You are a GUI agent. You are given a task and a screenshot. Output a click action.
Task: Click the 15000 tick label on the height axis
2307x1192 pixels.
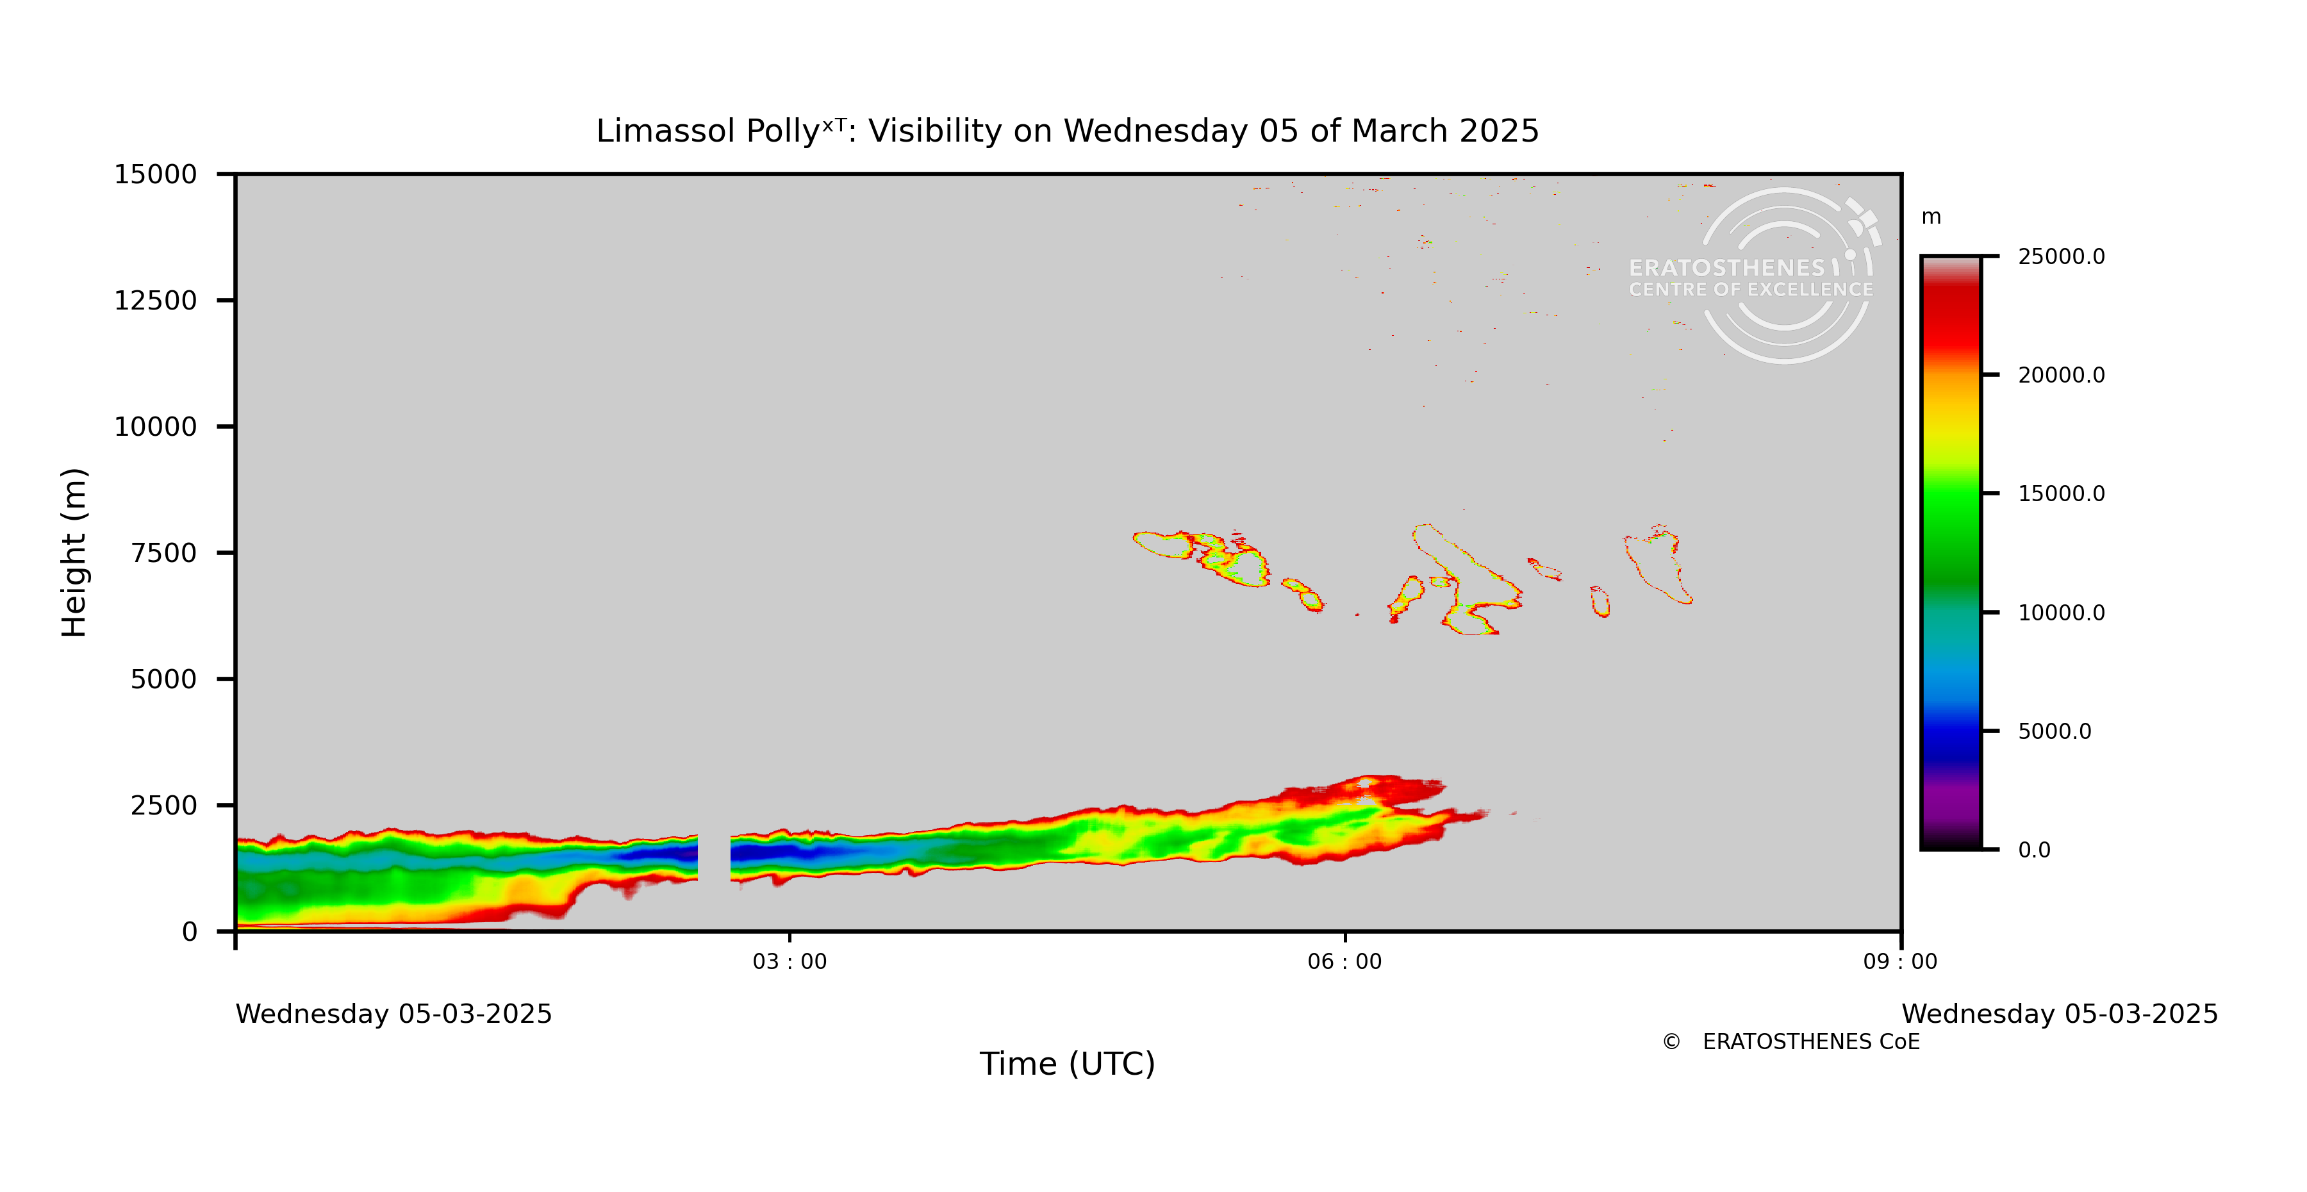pos(155,175)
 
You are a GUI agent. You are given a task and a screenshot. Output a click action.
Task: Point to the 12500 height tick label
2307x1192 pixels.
pos(155,301)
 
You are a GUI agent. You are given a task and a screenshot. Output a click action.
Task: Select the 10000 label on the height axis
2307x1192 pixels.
pos(155,427)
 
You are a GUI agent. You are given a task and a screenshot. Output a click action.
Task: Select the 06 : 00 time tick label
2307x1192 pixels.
pos(1344,962)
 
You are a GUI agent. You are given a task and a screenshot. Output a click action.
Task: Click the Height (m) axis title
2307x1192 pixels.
pos(74,552)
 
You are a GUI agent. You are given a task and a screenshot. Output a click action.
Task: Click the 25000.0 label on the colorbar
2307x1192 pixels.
pos(2061,257)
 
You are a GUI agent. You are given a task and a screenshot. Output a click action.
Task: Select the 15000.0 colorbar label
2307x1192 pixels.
pos(2061,494)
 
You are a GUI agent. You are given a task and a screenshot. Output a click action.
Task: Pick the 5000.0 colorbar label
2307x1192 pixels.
pos(2055,732)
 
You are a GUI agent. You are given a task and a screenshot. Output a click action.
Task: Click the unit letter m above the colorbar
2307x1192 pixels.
pos(1931,217)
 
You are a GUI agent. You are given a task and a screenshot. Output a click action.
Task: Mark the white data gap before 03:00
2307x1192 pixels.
pos(714,858)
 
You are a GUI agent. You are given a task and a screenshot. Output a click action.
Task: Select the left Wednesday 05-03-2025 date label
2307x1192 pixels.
pos(393,1014)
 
